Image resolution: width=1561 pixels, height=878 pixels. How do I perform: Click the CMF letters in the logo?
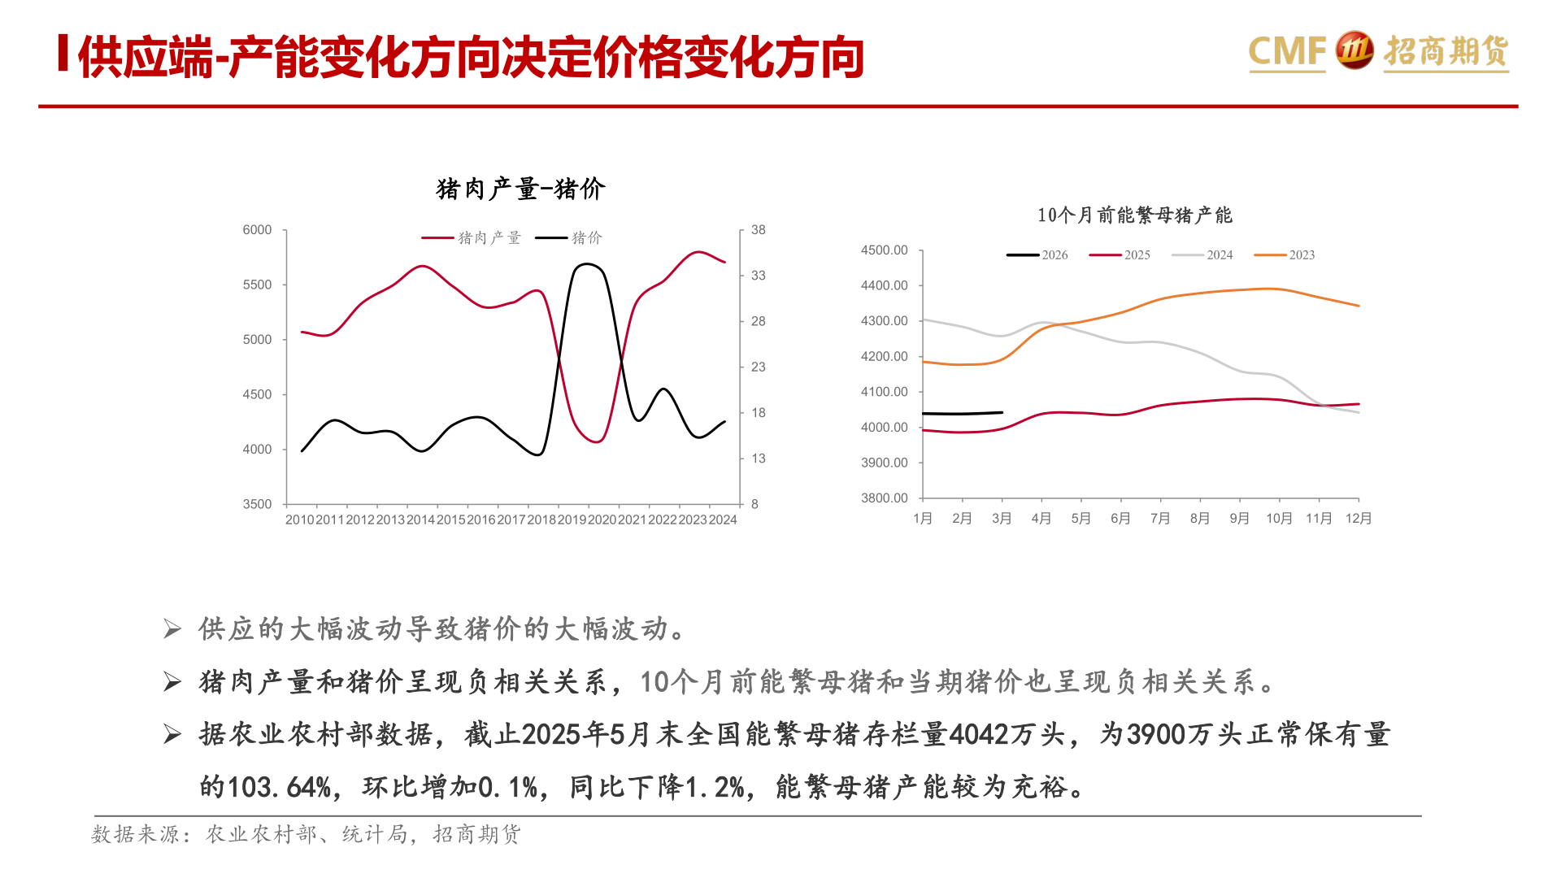pyautogui.click(x=1286, y=51)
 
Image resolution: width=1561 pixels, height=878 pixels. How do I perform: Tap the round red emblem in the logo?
pyautogui.click(x=1354, y=50)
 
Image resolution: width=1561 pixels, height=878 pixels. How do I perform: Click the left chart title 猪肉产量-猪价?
pyautogui.click(x=520, y=189)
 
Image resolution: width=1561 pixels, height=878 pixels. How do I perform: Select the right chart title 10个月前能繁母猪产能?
pyautogui.click(x=1134, y=215)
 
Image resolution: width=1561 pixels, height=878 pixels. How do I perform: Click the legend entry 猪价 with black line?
pyautogui.click(x=569, y=238)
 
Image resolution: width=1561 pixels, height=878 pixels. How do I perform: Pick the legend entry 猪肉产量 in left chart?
pyautogui.click(x=472, y=238)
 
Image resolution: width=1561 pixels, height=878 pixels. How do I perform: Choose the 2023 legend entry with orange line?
pyautogui.click(x=1285, y=255)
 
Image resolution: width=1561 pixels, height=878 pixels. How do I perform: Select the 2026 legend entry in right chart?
pyautogui.click(x=1037, y=255)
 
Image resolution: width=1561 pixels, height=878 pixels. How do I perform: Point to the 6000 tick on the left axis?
pyautogui.click(x=257, y=230)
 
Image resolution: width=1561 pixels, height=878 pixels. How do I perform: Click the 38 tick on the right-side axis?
pyautogui.click(x=758, y=230)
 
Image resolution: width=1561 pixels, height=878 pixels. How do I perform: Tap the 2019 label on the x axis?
pyautogui.click(x=572, y=519)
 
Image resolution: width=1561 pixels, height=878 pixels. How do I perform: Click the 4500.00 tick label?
pyautogui.click(x=884, y=250)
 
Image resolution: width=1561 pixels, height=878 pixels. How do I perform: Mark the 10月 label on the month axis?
pyautogui.click(x=1279, y=519)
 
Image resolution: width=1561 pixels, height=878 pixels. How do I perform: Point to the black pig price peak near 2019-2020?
pyautogui.click(x=587, y=264)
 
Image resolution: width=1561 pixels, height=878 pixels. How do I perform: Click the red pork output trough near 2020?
pyautogui.click(x=596, y=441)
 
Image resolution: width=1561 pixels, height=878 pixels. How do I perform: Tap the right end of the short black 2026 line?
pyautogui.click(x=1002, y=412)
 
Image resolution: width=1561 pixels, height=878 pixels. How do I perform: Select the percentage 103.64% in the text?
pyautogui.click(x=279, y=787)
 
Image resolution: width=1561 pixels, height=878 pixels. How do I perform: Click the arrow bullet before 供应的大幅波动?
pyautogui.click(x=172, y=629)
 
